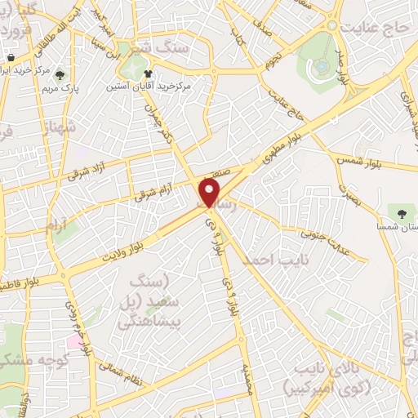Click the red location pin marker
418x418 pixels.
click(x=210, y=193)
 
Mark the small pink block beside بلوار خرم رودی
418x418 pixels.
click(x=75, y=340)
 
